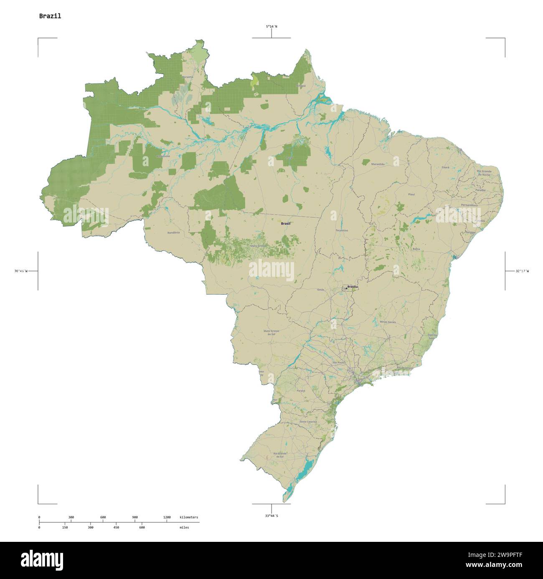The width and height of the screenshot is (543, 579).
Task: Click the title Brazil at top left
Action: (x=50, y=16)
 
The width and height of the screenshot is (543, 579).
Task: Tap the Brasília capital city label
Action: (x=353, y=287)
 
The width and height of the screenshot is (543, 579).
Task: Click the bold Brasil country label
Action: (x=286, y=224)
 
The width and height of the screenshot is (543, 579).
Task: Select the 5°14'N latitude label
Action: (x=271, y=27)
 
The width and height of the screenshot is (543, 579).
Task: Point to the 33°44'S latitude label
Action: (x=271, y=516)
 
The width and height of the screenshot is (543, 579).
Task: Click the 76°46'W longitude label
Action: (x=21, y=271)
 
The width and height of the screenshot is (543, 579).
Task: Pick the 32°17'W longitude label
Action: (x=522, y=271)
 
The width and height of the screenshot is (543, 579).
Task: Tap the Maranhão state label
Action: (x=378, y=164)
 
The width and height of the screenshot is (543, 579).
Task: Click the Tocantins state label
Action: (x=341, y=230)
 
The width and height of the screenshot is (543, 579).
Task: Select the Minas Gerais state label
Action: (x=388, y=322)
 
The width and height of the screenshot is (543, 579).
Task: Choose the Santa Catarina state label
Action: (x=308, y=422)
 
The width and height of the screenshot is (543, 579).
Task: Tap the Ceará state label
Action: (x=445, y=167)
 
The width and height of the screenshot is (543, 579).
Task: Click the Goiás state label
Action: (x=320, y=289)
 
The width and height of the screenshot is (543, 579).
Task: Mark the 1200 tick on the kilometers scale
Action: (x=167, y=518)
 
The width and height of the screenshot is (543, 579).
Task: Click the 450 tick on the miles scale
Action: (x=116, y=528)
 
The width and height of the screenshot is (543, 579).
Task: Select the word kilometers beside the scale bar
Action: (x=189, y=518)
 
